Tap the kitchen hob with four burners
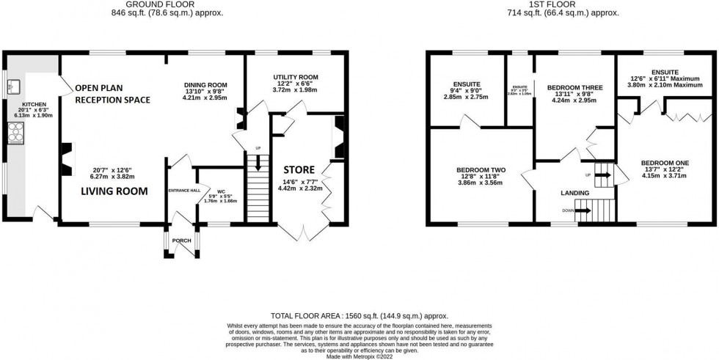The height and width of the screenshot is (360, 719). point(15,131)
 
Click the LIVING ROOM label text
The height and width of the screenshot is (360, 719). point(114,191)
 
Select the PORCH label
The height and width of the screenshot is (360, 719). point(180,240)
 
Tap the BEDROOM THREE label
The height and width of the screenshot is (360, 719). point(574,87)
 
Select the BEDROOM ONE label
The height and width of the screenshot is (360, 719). point(662,162)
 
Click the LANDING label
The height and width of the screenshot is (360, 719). point(574,193)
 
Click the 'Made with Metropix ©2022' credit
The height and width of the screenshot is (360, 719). point(359,356)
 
